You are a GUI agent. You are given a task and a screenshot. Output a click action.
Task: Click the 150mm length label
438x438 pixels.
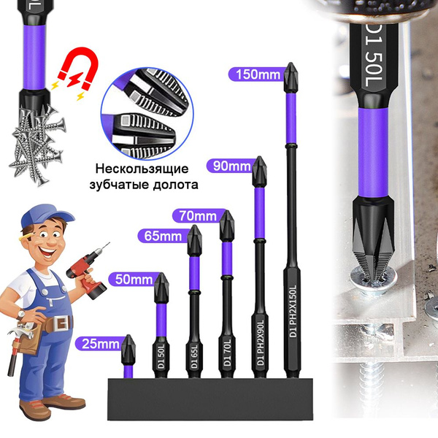point(258,74)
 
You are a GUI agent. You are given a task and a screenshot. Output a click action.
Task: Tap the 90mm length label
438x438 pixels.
point(231,166)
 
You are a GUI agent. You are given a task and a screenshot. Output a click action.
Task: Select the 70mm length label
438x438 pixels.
point(198,216)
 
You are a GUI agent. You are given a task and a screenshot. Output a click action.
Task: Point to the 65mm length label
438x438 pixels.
point(163,237)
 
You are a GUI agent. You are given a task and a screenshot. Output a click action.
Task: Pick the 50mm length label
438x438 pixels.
point(134,280)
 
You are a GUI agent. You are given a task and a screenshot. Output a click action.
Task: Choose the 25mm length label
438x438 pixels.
point(101,344)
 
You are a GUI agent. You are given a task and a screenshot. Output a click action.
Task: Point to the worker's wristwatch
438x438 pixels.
point(20,314)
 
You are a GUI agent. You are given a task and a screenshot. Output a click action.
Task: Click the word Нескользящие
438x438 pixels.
point(142,169)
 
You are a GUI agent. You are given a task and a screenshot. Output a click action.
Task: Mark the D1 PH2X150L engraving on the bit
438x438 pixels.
point(293,311)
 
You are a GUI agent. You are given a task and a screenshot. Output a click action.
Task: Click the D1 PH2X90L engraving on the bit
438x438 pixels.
point(261,342)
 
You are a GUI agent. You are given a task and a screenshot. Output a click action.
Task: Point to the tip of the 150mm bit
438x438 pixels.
point(291,63)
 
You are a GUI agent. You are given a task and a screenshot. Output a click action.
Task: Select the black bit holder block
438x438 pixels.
point(210,399)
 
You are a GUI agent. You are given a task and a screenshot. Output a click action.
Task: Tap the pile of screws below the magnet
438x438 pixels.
point(38,144)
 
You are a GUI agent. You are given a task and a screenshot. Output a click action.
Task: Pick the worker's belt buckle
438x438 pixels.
point(62,323)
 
